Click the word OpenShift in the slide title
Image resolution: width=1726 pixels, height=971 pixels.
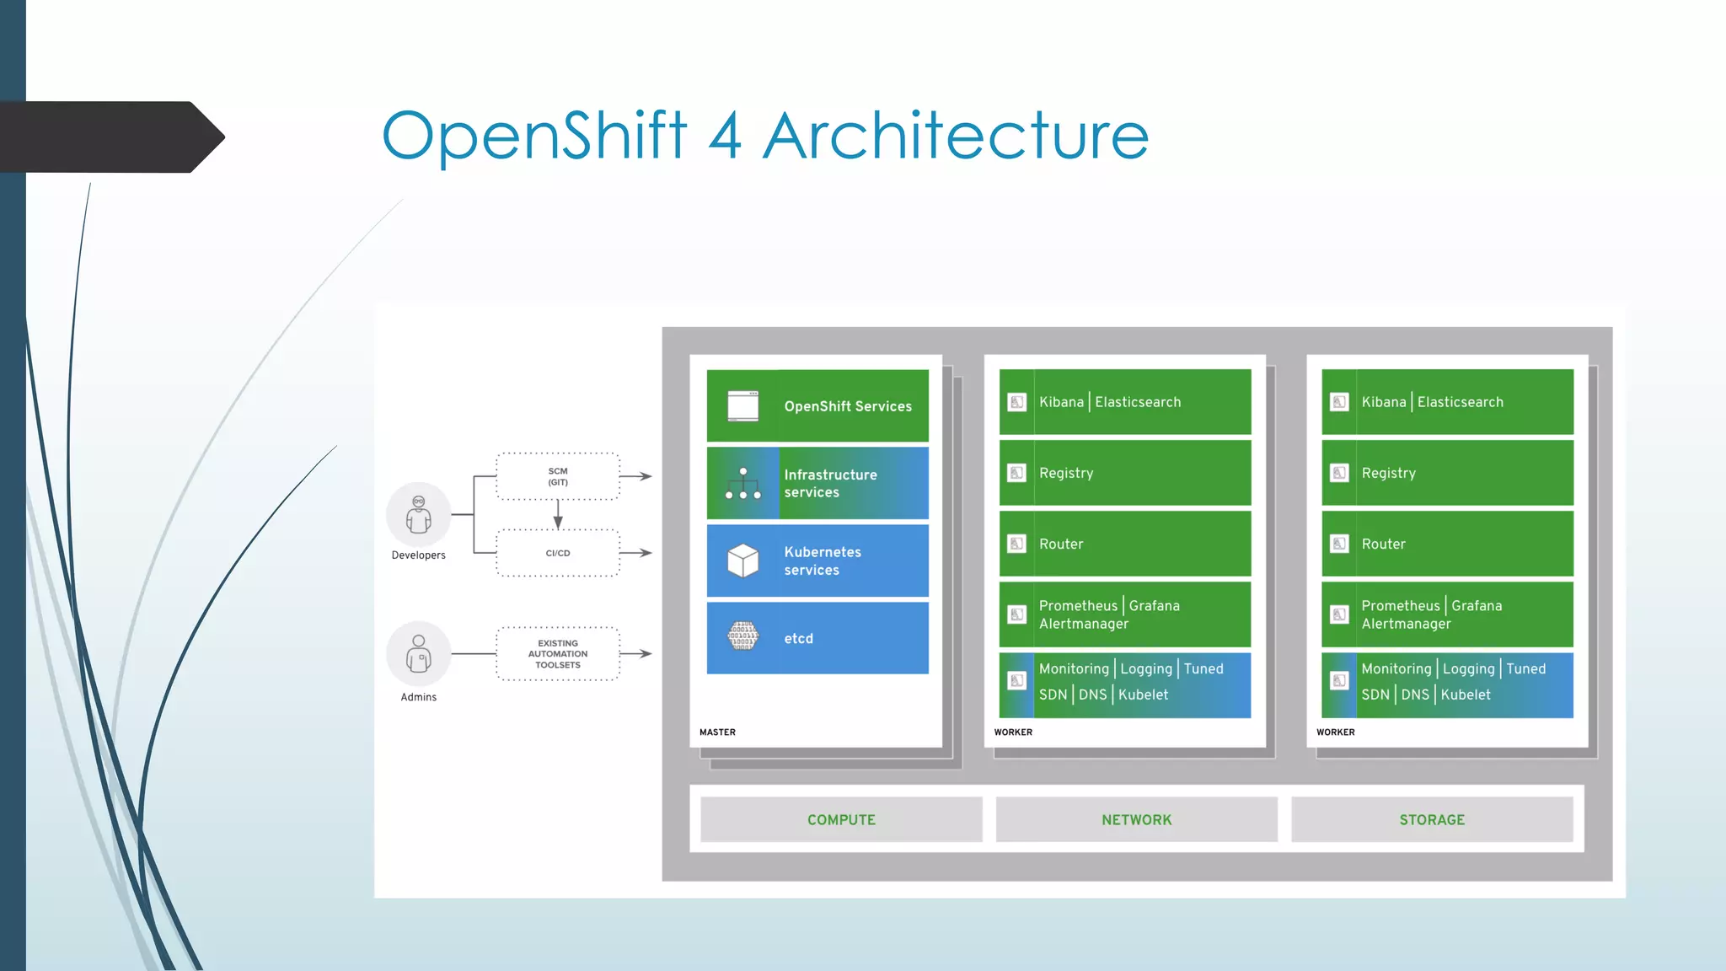(534, 137)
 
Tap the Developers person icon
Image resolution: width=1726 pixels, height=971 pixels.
(419, 514)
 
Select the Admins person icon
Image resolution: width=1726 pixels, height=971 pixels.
(419, 653)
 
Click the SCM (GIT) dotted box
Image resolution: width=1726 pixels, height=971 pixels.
(558, 476)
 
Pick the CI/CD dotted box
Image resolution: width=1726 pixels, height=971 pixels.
(558, 553)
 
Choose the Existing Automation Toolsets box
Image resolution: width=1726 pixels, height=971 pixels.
(558, 653)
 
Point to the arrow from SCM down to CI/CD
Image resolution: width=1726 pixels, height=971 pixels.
(558, 515)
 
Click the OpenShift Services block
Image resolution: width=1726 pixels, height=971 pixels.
(817, 405)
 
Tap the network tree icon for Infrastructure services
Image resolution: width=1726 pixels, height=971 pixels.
(743, 483)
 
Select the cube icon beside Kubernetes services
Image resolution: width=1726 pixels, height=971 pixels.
(743, 561)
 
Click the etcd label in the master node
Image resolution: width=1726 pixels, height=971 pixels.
(798, 639)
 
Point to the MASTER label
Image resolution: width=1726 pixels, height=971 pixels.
(717, 732)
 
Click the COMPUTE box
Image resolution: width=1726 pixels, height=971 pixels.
(841, 819)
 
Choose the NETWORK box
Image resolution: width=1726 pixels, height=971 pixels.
(1136, 819)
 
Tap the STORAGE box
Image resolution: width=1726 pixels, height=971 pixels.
(1432, 819)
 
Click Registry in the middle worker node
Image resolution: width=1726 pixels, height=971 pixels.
(1066, 473)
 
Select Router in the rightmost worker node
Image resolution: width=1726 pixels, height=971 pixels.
(1383, 545)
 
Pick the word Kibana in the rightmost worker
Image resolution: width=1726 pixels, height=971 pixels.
(1384, 402)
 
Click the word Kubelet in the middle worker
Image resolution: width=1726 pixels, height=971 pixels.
(1143, 695)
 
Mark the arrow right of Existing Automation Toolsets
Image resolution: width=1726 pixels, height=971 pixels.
(636, 653)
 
